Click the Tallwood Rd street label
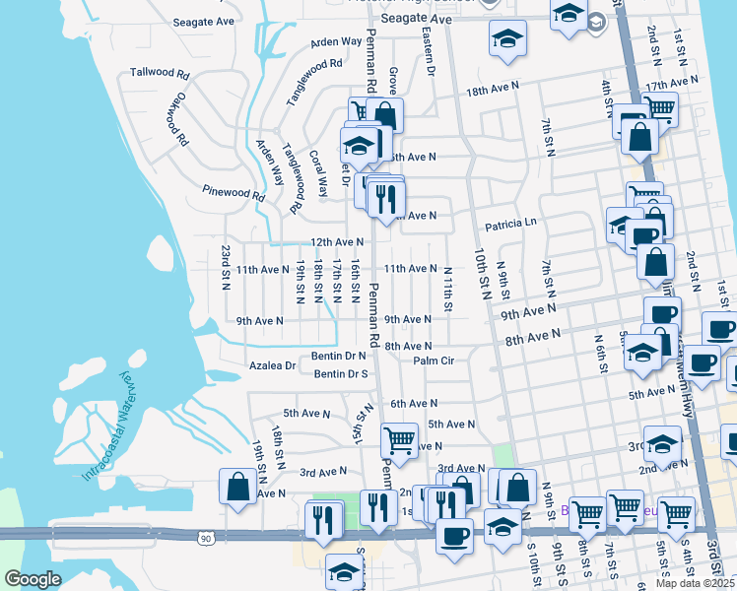158,74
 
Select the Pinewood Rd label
234,193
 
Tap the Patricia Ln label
509,224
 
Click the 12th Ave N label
337,242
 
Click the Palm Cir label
434,361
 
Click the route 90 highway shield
205,539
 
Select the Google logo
32,578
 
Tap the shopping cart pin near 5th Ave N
399,438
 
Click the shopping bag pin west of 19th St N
237,486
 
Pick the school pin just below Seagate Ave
507,39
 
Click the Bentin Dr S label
341,374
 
